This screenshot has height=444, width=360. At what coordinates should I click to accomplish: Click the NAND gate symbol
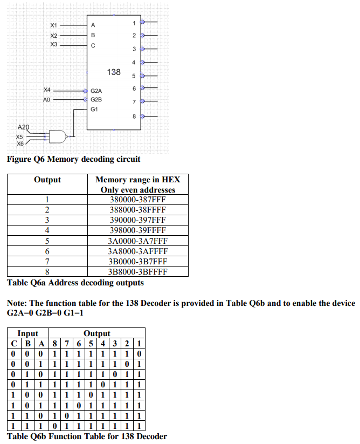click(56, 136)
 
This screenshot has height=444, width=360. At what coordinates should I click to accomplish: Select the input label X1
click(53, 25)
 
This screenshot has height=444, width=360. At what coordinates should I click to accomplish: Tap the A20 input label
click(24, 127)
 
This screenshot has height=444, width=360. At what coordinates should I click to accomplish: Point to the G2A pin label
click(96, 91)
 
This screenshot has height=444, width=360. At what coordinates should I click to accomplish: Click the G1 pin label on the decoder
click(94, 109)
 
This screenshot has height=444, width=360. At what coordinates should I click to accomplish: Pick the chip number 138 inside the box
click(114, 72)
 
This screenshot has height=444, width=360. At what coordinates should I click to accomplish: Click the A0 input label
click(46, 100)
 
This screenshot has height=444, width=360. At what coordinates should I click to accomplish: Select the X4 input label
click(47, 90)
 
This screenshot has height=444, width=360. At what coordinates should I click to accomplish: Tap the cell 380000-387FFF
click(138, 200)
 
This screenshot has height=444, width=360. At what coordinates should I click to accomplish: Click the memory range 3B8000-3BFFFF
click(138, 271)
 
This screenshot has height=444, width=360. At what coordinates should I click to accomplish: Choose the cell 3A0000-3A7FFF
click(138, 241)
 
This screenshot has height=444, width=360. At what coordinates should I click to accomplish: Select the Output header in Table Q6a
click(47, 180)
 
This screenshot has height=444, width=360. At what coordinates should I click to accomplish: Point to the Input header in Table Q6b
click(27, 333)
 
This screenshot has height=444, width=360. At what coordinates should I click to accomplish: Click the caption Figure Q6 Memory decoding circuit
click(73, 159)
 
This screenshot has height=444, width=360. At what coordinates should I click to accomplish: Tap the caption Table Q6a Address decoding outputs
click(75, 283)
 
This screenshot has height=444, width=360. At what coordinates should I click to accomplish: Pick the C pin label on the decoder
click(93, 46)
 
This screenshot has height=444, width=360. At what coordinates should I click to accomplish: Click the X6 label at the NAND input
click(20, 144)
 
